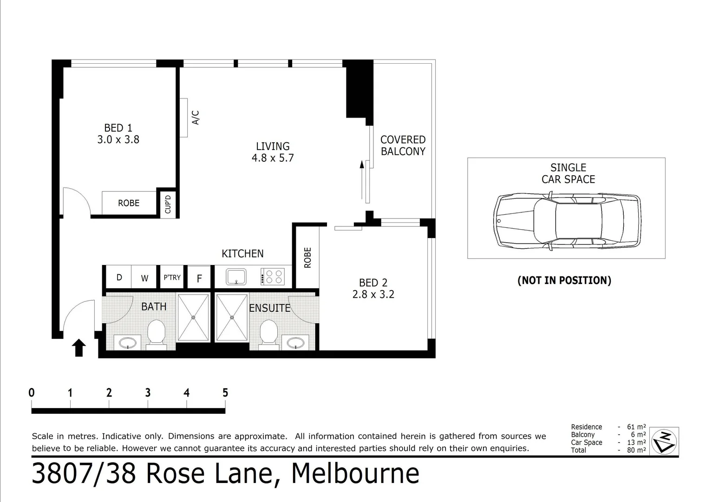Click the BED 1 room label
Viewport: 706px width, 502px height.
pyautogui.click(x=118, y=128)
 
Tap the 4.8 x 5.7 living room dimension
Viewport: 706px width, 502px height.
pyautogui.click(x=273, y=158)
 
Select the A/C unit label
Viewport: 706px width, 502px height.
pyautogui.click(x=196, y=117)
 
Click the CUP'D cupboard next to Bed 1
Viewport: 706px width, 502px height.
pyautogui.click(x=168, y=204)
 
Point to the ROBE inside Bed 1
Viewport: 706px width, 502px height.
pyautogui.click(x=129, y=203)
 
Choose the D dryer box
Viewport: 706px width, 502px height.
pyautogui.click(x=119, y=277)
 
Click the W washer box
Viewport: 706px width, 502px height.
pyautogui.click(x=144, y=278)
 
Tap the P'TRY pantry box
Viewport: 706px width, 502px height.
pyautogui.click(x=172, y=277)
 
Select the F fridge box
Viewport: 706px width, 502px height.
pyautogui.click(x=199, y=278)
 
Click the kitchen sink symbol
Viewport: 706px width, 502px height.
pyautogui.click(x=236, y=277)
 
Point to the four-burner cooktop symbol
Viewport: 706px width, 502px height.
pyautogui.click(x=273, y=277)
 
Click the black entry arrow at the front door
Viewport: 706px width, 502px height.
pyautogui.click(x=79, y=348)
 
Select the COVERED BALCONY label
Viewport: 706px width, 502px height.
pyautogui.click(x=403, y=145)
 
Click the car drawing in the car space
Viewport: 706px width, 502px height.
pyautogui.click(x=566, y=221)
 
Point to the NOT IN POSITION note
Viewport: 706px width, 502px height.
pyautogui.click(x=564, y=280)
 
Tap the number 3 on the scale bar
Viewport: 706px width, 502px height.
pyautogui.click(x=148, y=393)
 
